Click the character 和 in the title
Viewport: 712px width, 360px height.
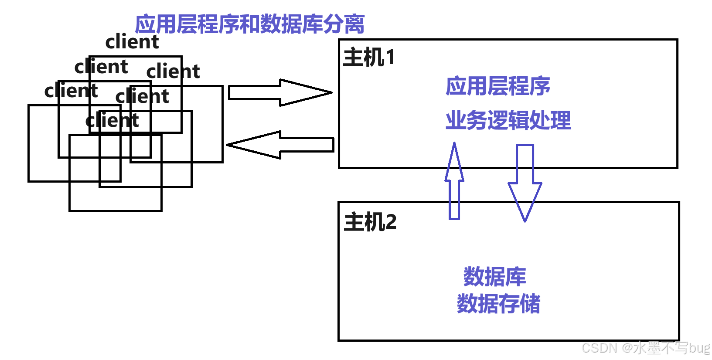point(250,24)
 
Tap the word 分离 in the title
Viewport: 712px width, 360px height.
point(344,24)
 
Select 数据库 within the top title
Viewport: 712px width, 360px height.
point(292,24)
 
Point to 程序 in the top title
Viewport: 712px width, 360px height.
point(218,24)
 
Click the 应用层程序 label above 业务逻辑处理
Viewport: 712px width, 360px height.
point(498,86)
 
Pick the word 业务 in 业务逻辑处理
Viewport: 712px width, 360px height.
point(466,120)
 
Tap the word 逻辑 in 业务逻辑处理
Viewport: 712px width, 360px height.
point(508,120)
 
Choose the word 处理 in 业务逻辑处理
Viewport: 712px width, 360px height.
point(550,120)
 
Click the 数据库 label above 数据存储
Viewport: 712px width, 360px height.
point(495,277)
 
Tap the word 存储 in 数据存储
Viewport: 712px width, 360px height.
point(520,304)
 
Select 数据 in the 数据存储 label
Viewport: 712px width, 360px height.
point(478,304)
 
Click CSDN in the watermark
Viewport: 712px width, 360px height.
point(599,347)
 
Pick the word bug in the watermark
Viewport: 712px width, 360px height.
point(699,347)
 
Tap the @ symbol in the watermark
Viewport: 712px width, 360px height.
point(627,347)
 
